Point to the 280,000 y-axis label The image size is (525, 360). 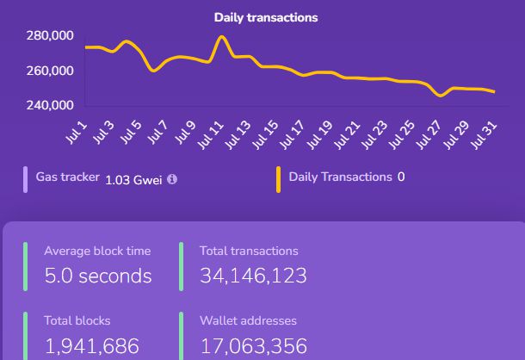(50, 35)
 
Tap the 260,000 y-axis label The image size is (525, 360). (50, 71)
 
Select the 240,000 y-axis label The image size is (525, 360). (50, 105)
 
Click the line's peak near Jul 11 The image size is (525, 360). (222, 37)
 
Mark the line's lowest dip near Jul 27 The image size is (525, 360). (442, 96)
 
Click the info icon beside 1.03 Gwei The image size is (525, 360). (172, 179)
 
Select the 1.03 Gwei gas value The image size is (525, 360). (133, 179)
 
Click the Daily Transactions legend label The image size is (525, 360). (340, 177)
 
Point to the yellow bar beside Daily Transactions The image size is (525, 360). (278, 179)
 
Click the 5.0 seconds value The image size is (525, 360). (97, 276)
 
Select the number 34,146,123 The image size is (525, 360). (253, 276)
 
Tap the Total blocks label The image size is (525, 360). (77, 320)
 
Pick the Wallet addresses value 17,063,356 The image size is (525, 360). (253, 346)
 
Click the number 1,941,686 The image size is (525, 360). (91, 346)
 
